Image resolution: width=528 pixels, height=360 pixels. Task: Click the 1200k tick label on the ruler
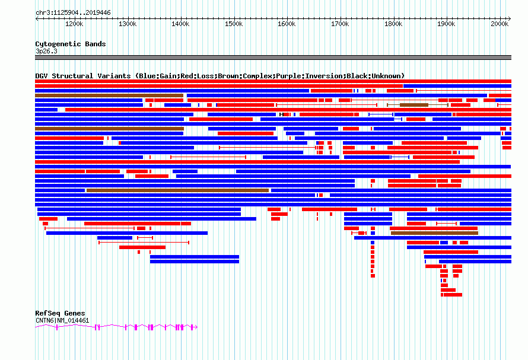[x=74, y=24]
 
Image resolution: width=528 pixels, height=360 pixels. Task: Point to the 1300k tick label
[x=128, y=24]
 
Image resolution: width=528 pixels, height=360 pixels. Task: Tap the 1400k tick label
[x=180, y=24]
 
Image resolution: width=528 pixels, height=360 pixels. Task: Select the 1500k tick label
[x=234, y=24]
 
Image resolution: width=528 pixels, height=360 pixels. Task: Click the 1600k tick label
[x=287, y=24]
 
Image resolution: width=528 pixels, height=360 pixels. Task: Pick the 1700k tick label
[x=340, y=24]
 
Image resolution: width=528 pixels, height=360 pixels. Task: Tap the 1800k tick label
[x=393, y=24]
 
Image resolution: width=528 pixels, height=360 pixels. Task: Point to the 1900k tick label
[x=446, y=24]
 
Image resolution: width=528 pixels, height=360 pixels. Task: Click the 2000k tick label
[x=500, y=24]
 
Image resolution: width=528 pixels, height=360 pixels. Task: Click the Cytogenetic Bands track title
[x=70, y=44]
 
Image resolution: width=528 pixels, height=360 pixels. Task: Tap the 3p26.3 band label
[x=46, y=51]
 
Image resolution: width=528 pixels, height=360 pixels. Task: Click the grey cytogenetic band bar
[x=273, y=58]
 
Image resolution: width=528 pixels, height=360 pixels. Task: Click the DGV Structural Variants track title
[x=84, y=76]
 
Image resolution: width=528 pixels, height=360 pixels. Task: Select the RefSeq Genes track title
[x=60, y=313]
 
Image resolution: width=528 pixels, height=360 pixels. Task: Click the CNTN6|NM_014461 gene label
[x=62, y=320]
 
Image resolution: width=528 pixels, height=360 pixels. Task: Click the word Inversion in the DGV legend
[x=325, y=76]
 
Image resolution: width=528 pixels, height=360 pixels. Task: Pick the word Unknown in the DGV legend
[x=386, y=76]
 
